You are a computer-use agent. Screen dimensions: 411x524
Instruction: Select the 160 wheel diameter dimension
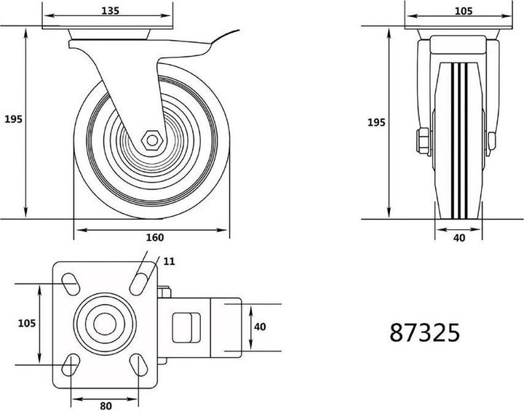point(155,237)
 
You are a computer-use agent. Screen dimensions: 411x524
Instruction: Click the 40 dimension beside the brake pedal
point(260,327)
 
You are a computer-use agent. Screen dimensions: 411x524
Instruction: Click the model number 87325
point(424,332)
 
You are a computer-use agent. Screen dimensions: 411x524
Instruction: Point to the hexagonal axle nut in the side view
point(151,138)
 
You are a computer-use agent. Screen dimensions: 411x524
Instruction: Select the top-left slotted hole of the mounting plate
point(71,281)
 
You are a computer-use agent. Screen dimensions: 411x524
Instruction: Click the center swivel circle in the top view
point(104,323)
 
